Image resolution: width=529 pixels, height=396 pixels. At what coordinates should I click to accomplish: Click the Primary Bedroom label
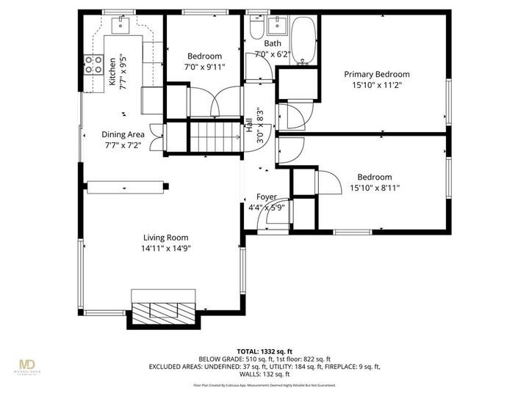[x=377, y=74]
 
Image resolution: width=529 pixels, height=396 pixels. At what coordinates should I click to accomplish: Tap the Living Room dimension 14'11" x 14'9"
[x=165, y=248]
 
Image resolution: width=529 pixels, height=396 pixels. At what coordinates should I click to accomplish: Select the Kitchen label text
[x=112, y=72]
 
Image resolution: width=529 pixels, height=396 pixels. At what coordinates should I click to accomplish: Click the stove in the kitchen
[x=93, y=65]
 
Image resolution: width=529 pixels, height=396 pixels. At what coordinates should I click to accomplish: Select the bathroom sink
[x=277, y=28]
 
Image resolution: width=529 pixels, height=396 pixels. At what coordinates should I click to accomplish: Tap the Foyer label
[x=266, y=197]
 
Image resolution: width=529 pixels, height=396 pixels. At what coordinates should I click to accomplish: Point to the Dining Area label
[x=122, y=135]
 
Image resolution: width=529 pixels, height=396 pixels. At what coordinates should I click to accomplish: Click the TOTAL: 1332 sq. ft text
[x=264, y=351]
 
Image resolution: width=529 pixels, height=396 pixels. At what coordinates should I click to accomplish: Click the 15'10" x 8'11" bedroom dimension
[x=375, y=188]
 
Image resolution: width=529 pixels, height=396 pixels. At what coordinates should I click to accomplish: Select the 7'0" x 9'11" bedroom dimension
[x=204, y=67]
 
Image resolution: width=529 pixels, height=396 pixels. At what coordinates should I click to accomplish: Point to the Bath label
[x=273, y=43]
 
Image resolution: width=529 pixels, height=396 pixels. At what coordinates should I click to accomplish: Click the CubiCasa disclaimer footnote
[x=264, y=385]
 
